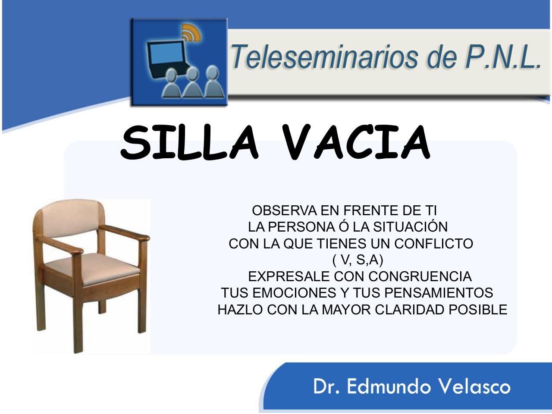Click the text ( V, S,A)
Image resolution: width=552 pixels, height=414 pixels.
358,260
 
